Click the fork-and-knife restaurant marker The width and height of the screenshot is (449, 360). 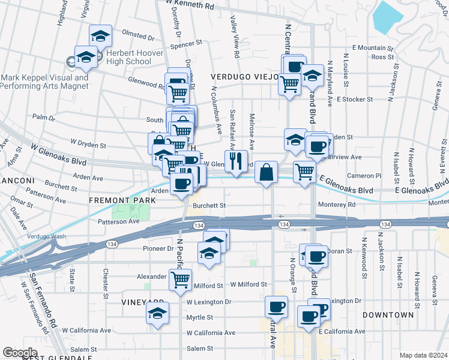click(236, 161)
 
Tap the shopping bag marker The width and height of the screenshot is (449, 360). click(266, 172)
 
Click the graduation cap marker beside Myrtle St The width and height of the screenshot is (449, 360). click(158, 314)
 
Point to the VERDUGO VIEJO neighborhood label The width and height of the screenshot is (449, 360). click(244, 77)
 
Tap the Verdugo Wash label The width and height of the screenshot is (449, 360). click(46, 236)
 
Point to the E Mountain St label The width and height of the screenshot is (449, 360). click(372, 47)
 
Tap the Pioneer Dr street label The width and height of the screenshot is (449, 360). click(158, 248)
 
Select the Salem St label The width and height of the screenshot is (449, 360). click(200, 348)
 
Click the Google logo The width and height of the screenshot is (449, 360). click(20, 353)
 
